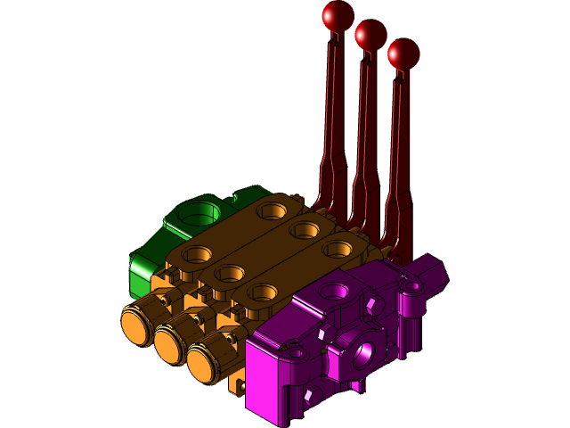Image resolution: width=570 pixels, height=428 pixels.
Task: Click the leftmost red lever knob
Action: click(x=338, y=15)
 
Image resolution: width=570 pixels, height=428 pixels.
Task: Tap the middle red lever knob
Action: click(x=370, y=35)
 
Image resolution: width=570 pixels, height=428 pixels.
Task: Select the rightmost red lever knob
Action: click(x=403, y=53)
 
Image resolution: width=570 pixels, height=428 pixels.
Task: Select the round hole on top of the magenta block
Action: click(x=334, y=291)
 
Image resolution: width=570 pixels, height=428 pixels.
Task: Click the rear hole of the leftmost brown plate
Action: click(x=271, y=211)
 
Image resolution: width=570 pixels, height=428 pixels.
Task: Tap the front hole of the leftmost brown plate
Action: click(x=197, y=254)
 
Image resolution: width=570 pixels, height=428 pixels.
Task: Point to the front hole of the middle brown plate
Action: click(x=230, y=273)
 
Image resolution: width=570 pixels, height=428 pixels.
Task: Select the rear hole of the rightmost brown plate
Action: click(x=338, y=249)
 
